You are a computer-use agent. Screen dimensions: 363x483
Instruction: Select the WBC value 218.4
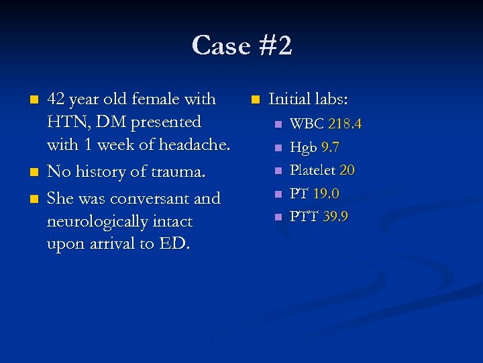tap(345, 124)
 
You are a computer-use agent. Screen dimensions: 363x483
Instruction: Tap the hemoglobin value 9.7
tap(331, 147)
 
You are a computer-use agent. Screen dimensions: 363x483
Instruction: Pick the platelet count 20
tap(347, 170)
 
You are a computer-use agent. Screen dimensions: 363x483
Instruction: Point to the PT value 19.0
tap(326, 194)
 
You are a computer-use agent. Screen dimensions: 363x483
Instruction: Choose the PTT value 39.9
tap(335, 216)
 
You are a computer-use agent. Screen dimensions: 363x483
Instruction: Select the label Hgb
tap(303, 147)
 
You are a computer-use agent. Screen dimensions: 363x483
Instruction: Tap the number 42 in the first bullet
tap(56, 99)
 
